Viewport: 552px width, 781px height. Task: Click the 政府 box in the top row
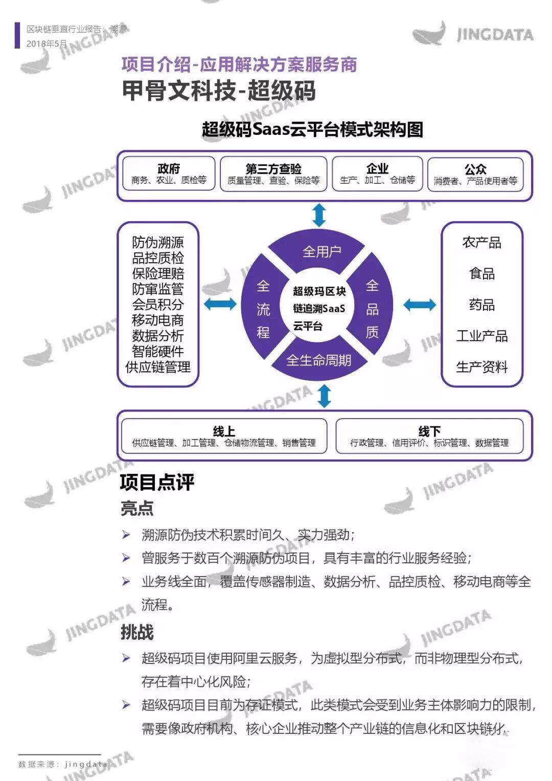click(169, 174)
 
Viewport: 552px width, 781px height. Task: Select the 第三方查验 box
click(273, 174)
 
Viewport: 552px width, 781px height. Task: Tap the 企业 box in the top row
click(377, 174)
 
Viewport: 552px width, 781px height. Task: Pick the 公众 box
click(475, 174)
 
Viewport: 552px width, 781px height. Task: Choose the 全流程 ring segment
click(263, 309)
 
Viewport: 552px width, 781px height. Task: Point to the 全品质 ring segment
click(373, 309)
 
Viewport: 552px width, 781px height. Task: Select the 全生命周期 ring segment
click(319, 361)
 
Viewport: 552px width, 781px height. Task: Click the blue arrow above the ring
click(319, 215)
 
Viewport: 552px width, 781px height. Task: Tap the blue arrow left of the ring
click(220, 305)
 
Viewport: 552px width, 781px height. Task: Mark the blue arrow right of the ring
click(420, 305)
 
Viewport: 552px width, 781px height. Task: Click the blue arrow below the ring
click(325, 396)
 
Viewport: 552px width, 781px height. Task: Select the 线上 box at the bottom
click(224, 436)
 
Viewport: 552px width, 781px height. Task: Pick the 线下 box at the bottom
click(429, 436)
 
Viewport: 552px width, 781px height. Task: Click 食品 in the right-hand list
click(482, 273)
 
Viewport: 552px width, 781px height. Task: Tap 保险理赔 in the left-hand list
click(158, 273)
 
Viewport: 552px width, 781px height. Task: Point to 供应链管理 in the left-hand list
click(158, 367)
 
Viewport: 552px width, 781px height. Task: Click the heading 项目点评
click(157, 481)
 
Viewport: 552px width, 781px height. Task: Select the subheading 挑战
click(137, 632)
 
